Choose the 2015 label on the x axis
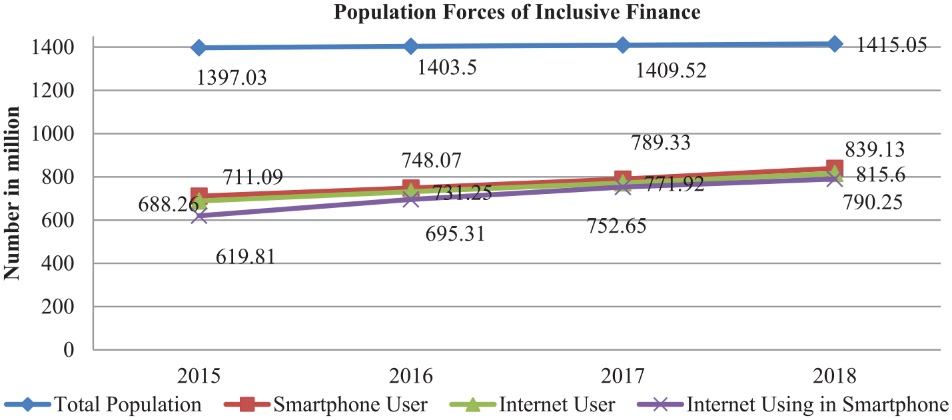pos(199,376)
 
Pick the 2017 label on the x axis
pos(622,376)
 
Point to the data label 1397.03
pos(232,78)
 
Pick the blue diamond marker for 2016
pos(410,46)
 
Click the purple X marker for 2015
pos(199,216)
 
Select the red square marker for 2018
pos(834,168)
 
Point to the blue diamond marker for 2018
pos(834,44)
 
